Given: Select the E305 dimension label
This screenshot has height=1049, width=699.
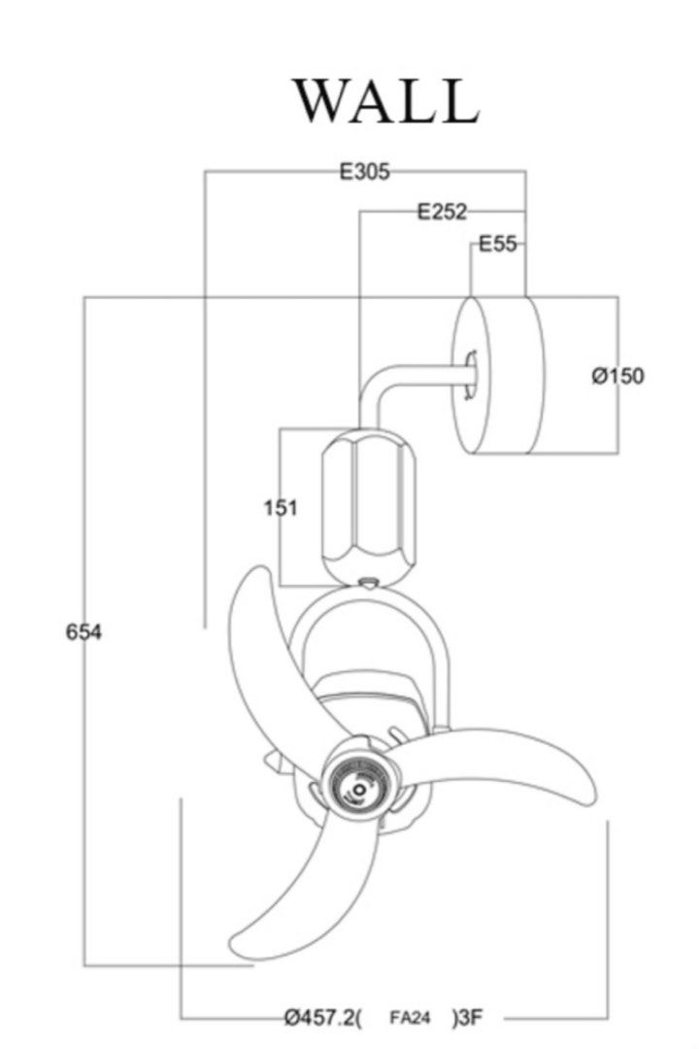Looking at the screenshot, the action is tap(364, 172).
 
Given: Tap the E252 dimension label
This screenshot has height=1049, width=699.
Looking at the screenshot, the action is tap(442, 212).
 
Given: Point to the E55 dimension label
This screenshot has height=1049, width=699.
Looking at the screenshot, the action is tap(498, 244).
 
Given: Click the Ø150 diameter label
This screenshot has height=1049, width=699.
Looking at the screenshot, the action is tap(618, 376).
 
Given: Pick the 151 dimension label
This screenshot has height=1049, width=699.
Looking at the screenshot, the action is tap(281, 508).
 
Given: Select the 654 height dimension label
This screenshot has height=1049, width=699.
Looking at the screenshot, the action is tap(83, 631).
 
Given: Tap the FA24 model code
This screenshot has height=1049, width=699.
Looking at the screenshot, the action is tap(410, 1018).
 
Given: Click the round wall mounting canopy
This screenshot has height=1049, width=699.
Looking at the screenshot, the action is tap(499, 375).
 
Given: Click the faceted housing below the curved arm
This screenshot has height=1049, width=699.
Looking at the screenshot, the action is tap(369, 504).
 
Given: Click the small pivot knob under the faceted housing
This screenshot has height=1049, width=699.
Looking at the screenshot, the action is tap(369, 583).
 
